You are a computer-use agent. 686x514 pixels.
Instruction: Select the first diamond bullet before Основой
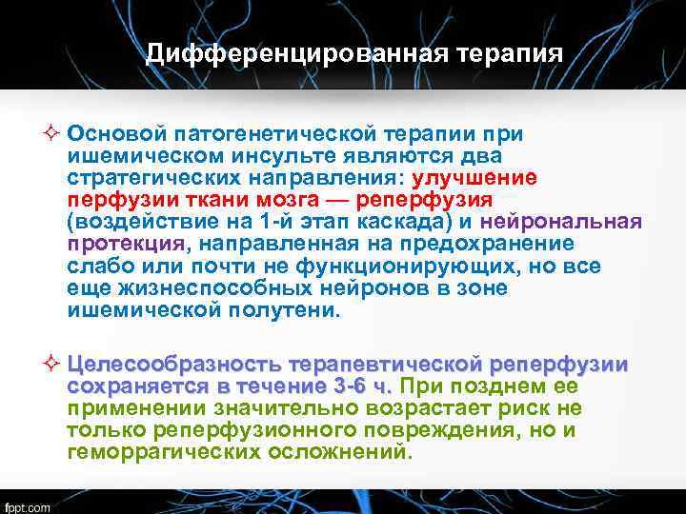tap(54, 134)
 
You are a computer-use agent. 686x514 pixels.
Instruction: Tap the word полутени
tap(292, 310)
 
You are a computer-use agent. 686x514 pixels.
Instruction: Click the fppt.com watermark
tap(29, 505)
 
